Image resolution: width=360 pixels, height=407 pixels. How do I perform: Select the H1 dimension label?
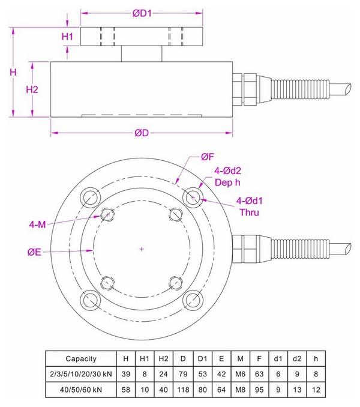click(68, 37)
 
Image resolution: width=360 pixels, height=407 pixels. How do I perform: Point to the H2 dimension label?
click(32, 89)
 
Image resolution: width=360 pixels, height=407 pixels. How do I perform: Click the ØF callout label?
click(207, 157)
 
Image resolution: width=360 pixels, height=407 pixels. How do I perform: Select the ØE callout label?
click(34, 253)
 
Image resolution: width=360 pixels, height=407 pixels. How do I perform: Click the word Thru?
click(250, 212)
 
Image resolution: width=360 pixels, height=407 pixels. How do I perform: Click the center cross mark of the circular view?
click(141, 249)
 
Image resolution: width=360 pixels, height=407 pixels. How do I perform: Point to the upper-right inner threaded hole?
click(175, 214)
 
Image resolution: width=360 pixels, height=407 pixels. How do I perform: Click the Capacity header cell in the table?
click(81, 358)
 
